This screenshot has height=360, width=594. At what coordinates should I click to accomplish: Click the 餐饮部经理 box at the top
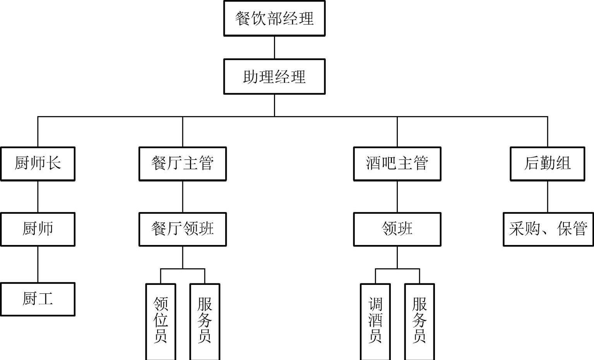[x=274, y=19]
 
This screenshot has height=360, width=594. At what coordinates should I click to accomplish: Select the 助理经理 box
[x=274, y=77]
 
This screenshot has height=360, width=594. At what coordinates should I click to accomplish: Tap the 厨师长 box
[x=38, y=164]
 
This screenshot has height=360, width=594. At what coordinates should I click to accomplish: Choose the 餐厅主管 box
[x=182, y=164]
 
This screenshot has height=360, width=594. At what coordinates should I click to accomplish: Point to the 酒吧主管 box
[x=397, y=164]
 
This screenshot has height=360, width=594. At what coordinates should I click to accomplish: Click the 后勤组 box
[x=547, y=164]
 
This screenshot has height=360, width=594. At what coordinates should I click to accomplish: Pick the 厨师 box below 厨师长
[x=38, y=229]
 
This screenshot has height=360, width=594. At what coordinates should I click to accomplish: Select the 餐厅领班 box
[x=182, y=229]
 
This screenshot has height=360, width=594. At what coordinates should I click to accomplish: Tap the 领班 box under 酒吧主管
[x=397, y=229]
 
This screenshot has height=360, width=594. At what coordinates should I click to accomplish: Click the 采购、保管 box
[x=548, y=229]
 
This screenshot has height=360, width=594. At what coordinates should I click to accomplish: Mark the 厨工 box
[x=38, y=299]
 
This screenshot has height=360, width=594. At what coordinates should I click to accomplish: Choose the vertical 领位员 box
[x=161, y=321]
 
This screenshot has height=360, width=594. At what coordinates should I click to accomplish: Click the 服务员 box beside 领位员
[x=205, y=321]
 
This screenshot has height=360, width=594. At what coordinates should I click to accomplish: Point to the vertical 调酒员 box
[x=375, y=321]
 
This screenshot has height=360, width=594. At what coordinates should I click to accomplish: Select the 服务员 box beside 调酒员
[x=419, y=321]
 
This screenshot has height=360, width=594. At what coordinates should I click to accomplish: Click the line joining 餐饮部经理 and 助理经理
[x=274, y=48]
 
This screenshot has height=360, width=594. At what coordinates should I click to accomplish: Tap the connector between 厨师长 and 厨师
[x=38, y=197]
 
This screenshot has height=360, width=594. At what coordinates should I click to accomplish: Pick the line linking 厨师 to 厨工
[x=38, y=264]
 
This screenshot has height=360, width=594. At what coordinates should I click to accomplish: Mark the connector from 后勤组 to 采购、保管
[x=548, y=197]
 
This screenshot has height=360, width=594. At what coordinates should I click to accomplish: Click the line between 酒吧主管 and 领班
[x=397, y=197]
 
